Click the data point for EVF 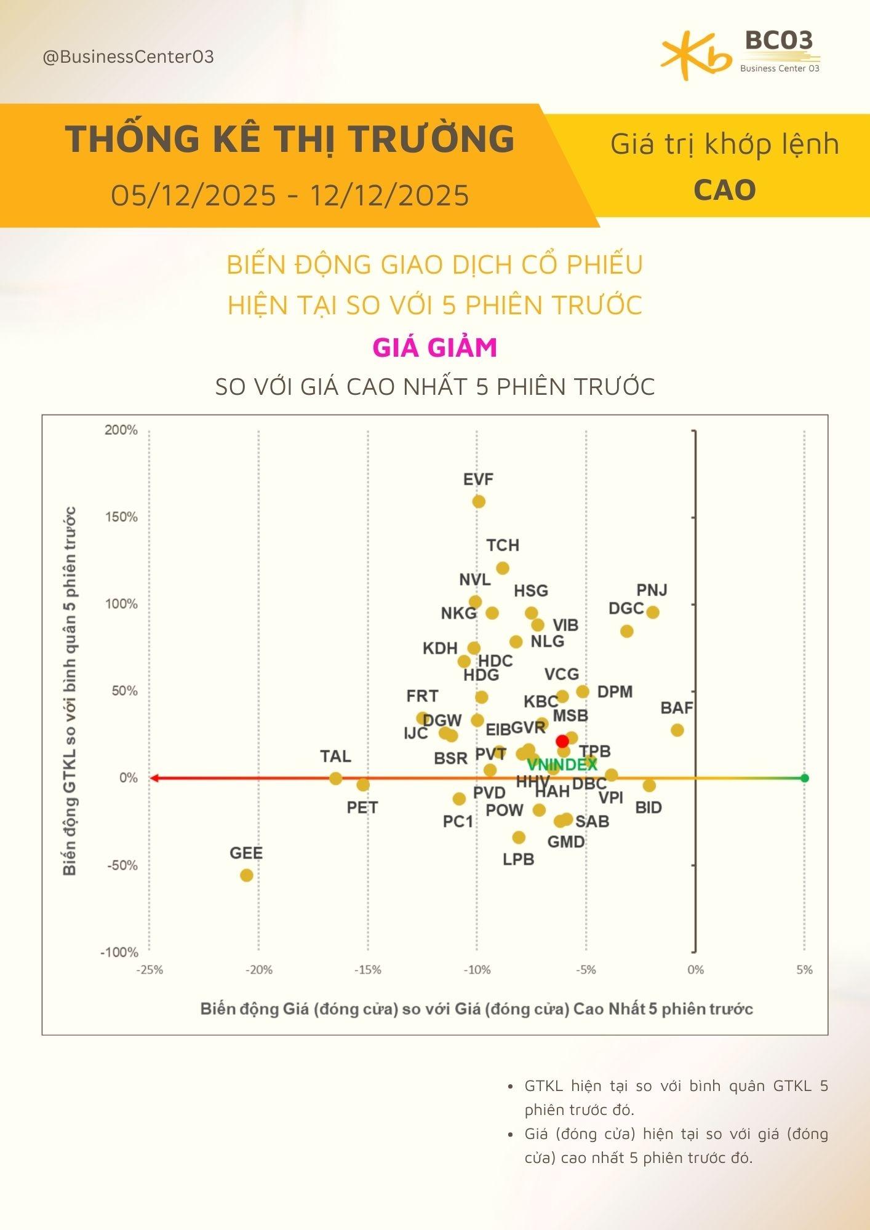pyautogui.click(x=479, y=501)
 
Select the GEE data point pyautogui.click(x=247, y=875)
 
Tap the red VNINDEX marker pyautogui.click(x=562, y=741)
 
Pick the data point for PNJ pyautogui.click(x=653, y=612)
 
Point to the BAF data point pyautogui.click(x=677, y=730)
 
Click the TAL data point pyautogui.click(x=335, y=778)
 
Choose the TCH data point pyautogui.click(x=503, y=568)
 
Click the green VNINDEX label pyautogui.click(x=562, y=764)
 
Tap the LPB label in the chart pyautogui.click(x=518, y=859)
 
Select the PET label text pyautogui.click(x=362, y=807)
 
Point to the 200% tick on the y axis pyautogui.click(x=121, y=430)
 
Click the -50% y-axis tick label pyautogui.click(x=121, y=865)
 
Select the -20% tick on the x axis pyautogui.click(x=258, y=970)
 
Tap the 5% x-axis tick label pyautogui.click(x=804, y=970)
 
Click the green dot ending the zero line pyautogui.click(x=805, y=778)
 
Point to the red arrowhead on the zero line pyautogui.click(x=154, y=778)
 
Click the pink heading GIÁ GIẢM pyautogui.click(x=435, y=347)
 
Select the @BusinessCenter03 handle pyautogui.click(x=128, y=57)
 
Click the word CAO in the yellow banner pyautogui.click(x=725, y=190)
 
